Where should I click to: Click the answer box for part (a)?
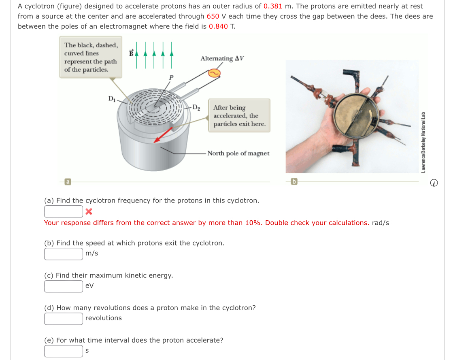[64, 211]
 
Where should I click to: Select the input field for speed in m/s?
[64, 254]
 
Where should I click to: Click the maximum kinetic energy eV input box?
[64, 286]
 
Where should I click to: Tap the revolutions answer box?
[64, 319]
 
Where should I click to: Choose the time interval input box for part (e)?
[64, 351]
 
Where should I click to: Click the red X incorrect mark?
[89, 211]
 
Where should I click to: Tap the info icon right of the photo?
[434, 183]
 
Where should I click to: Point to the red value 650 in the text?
[213, 17]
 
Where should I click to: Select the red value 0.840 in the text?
[218, 27]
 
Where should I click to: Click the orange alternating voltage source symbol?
[214, 73]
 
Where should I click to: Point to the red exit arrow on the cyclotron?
[163, 135]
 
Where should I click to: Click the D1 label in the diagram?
[112, 98]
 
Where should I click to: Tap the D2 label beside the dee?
[196, 108]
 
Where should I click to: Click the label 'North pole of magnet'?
[238, 153]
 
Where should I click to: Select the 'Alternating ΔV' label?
[222, 59]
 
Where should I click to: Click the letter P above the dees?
[171, 77]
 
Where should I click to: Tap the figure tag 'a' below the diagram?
[68, 182]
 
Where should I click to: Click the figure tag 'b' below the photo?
[294, 182]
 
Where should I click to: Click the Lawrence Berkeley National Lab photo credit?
[423, 142]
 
